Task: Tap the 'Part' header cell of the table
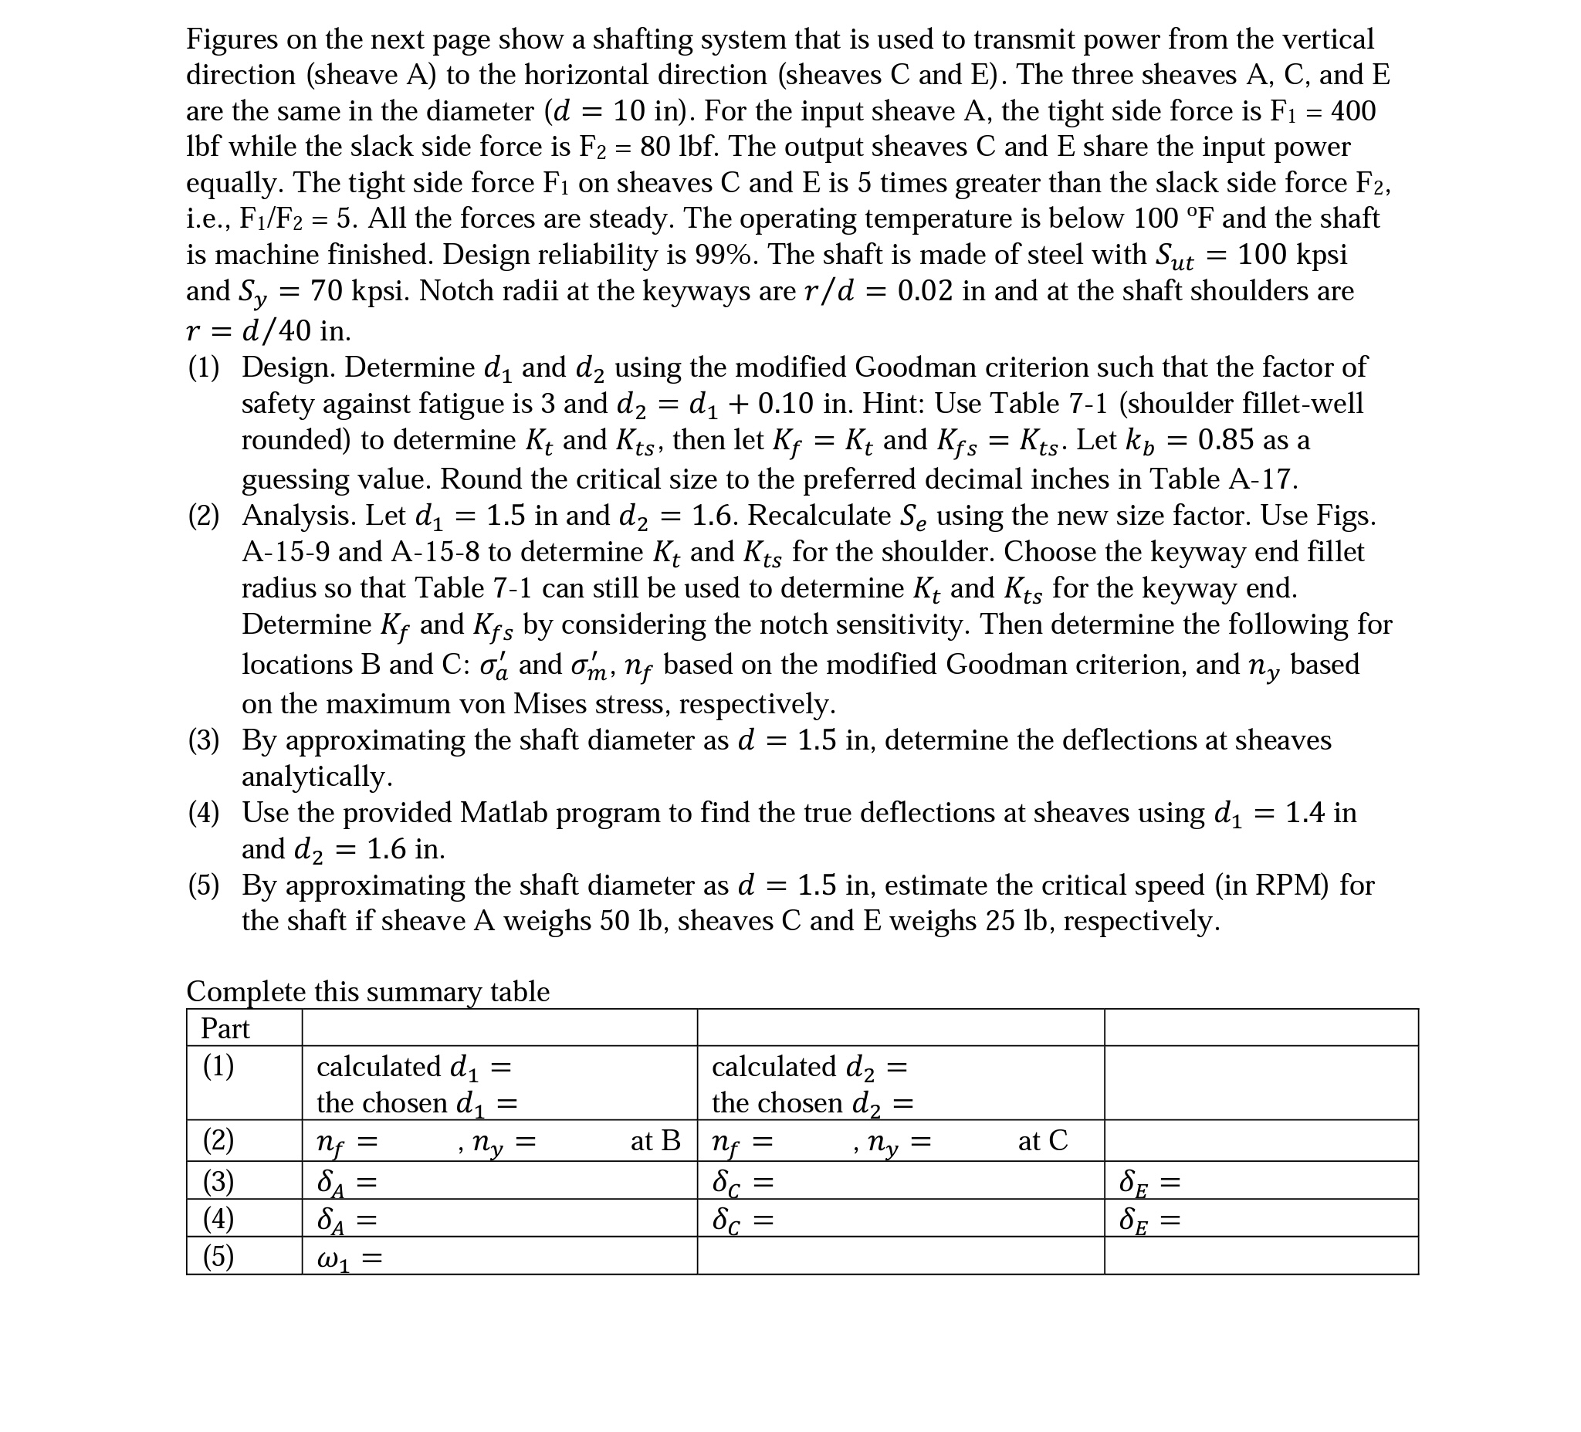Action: [225, 1028]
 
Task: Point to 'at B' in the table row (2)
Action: [655, 1140]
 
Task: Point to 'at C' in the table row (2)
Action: [1042, 1140]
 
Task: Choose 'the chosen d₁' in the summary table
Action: [401, 1103]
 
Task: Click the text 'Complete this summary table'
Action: [367, 991]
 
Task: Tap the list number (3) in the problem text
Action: [204, 740]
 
